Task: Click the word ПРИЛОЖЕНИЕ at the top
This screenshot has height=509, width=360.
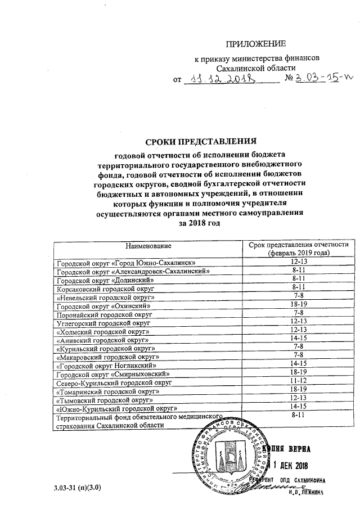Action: tap(256, 44)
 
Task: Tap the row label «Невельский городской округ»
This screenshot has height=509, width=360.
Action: tap(106, 296)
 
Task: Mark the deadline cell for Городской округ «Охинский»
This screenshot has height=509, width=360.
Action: tap(298, 304)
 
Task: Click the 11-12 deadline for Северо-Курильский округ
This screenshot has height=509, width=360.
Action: tap(298, 380)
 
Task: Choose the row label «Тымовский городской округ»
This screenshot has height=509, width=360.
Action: tap(106, 398)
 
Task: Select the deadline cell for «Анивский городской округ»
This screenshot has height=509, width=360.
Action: tap(298, 339)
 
